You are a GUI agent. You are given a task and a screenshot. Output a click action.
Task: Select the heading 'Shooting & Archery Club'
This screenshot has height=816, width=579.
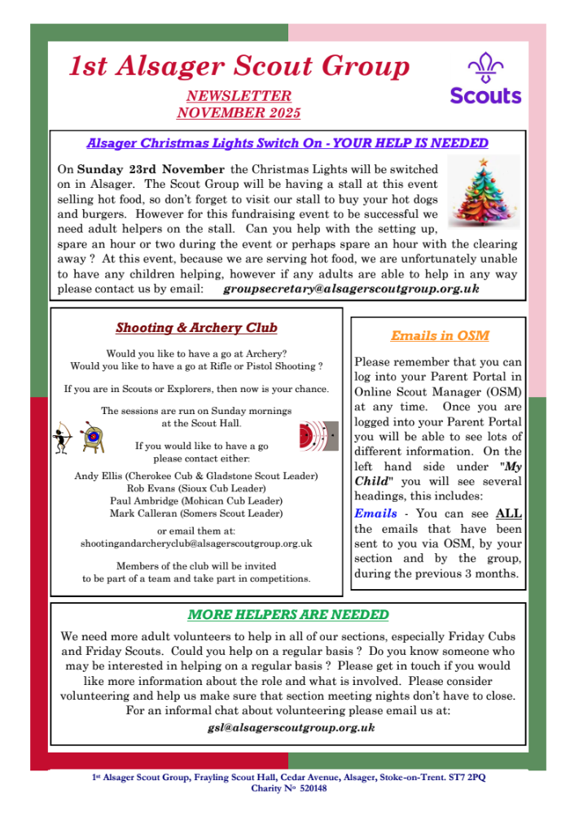[x=196, y=328]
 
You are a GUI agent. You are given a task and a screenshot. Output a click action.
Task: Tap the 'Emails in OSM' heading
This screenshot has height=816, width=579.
[x=440, y=335]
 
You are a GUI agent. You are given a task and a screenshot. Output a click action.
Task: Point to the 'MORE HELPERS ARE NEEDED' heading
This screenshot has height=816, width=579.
[x=288, y=614]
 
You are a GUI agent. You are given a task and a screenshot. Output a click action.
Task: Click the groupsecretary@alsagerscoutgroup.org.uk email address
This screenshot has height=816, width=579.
[x=351, y=289]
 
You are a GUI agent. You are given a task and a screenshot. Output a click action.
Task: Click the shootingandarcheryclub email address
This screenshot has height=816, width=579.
[x=196, y=543]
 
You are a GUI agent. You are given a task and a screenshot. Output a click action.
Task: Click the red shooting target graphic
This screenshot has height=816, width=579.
[x=313, y=435]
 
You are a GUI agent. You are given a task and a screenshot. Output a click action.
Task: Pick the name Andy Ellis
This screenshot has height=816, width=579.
[x=97, y=476]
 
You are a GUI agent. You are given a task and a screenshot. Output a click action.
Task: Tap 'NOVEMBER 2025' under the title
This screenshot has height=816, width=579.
[x=239, y=112]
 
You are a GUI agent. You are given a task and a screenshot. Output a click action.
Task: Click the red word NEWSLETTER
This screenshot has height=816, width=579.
[x=239, y=96]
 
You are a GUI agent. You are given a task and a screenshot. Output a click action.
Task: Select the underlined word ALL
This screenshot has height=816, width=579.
[x=509, y=513]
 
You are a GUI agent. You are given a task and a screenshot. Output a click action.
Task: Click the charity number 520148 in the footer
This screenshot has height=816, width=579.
[x=312, y=788]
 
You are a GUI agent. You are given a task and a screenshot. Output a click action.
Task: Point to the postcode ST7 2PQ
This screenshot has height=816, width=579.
[x=466, y=778]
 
